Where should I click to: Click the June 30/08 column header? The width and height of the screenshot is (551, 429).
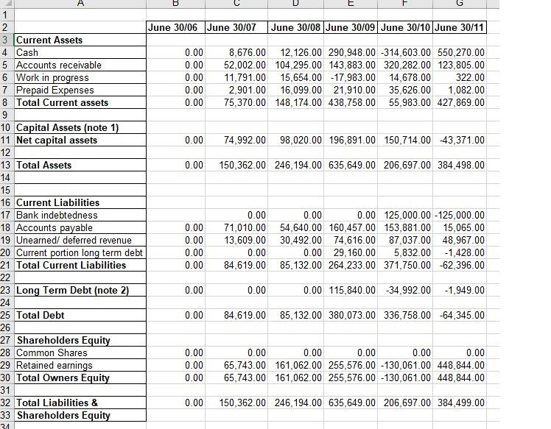coord(296,27)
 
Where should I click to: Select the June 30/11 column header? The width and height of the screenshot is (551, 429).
coord(460,27)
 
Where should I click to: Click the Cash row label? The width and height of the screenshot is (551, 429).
coord(27,52)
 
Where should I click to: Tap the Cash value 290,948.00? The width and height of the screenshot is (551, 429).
coord(351,52)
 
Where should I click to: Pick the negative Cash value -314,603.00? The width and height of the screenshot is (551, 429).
coord(405,52)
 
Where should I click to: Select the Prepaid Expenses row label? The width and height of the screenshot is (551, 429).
coord(55,90)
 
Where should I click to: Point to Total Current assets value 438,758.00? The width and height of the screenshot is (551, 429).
coord(351,102)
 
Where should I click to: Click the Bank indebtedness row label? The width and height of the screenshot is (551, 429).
coord(57,215)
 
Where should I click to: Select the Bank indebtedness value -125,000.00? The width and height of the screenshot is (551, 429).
coord(460,215)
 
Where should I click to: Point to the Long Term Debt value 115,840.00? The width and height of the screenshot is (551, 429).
coord(351,290)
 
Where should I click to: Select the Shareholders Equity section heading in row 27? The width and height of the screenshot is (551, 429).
coord(63,340)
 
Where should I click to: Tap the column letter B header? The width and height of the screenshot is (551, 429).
coord(174,4)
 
